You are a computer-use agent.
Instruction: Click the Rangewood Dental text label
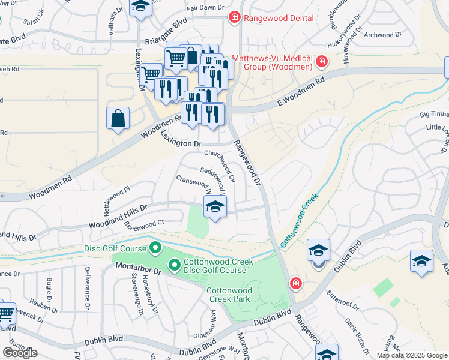(279, 18)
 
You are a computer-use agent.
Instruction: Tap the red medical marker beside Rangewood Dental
(235, 18)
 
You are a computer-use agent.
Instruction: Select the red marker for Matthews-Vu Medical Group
(322, 62)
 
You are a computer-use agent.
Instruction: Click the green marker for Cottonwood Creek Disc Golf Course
(174, 264)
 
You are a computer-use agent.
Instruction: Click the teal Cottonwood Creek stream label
(298, 219)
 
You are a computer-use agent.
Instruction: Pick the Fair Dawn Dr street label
(205, 8)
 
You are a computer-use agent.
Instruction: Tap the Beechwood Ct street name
(144, 223)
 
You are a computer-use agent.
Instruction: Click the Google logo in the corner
(20, 353)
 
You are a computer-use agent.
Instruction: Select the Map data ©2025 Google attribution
(411, 355)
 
